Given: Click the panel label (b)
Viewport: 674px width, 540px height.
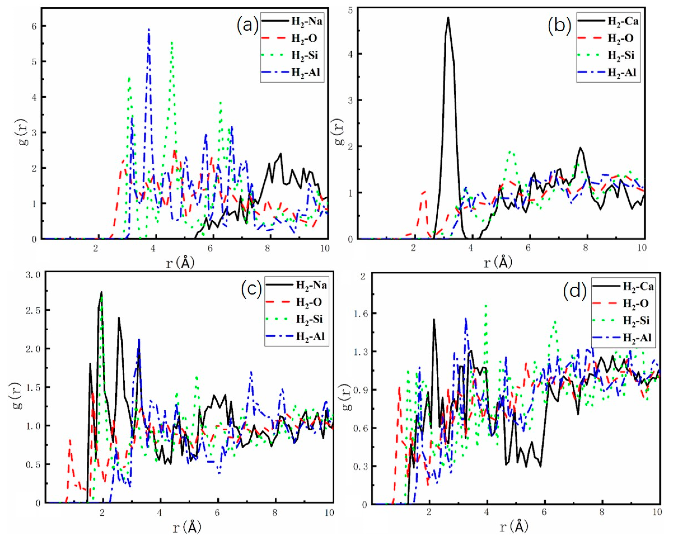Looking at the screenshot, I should pyautogui.click(x=559, y=25).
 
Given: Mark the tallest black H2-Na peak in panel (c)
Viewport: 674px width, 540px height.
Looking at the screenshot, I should pyautogui.click(x=101, y=293).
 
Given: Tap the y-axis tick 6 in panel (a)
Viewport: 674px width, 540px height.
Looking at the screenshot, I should pyautogui.click(x=34, y=26).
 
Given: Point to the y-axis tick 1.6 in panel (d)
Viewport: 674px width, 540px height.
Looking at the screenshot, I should pyautogui.click(x=357, y=314).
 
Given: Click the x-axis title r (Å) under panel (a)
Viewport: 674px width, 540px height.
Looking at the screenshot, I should pyautogui.click(x=180, y=263).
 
